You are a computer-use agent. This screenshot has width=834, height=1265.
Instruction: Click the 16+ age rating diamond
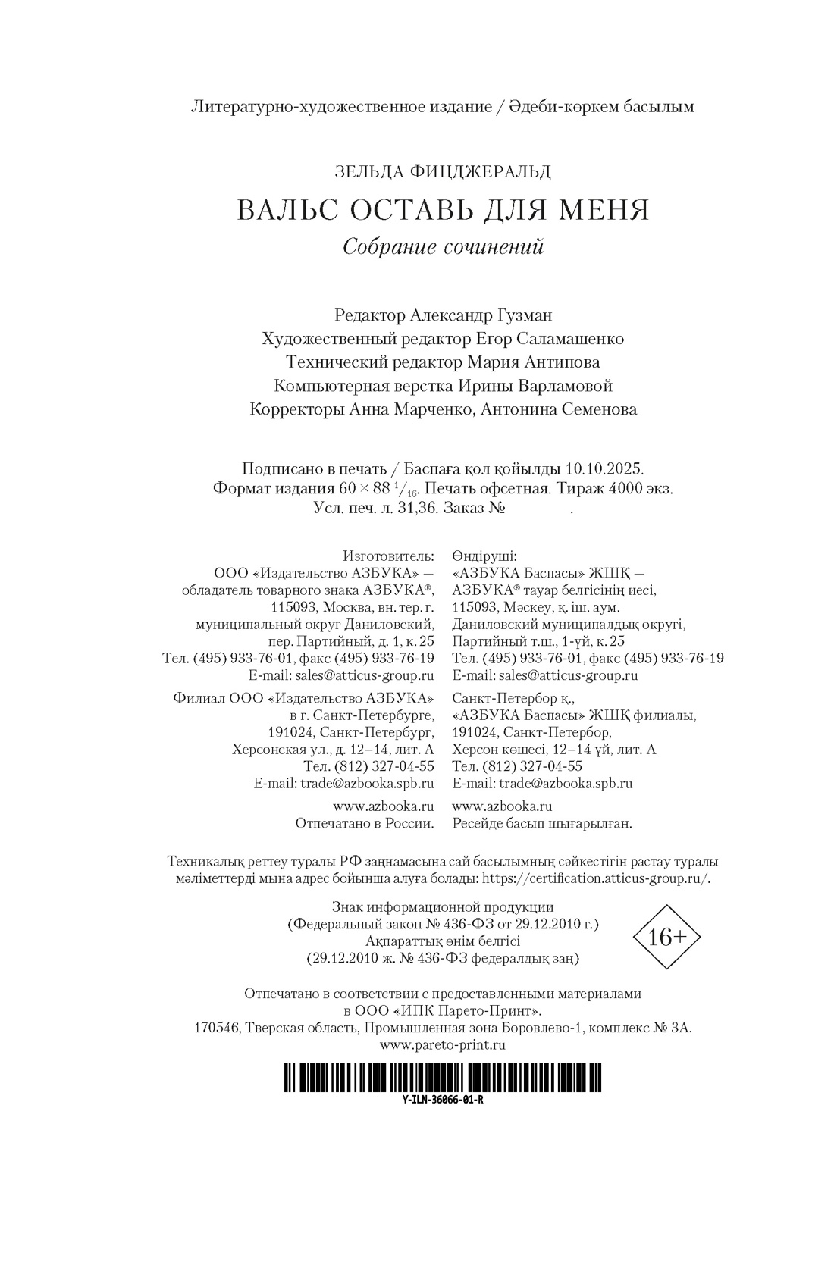666,937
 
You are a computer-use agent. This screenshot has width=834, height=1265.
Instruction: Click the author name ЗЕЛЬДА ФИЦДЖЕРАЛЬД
443,172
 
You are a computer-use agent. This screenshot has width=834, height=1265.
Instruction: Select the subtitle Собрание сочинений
443,247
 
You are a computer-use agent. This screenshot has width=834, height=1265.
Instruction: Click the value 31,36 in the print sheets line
418,509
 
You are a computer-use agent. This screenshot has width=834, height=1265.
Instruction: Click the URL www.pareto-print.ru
443,1045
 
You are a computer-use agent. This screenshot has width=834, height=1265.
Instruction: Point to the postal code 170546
218,1028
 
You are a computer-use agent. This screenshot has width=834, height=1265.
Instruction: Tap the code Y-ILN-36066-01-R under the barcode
443,1100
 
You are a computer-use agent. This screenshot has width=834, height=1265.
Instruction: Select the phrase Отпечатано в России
364,823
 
